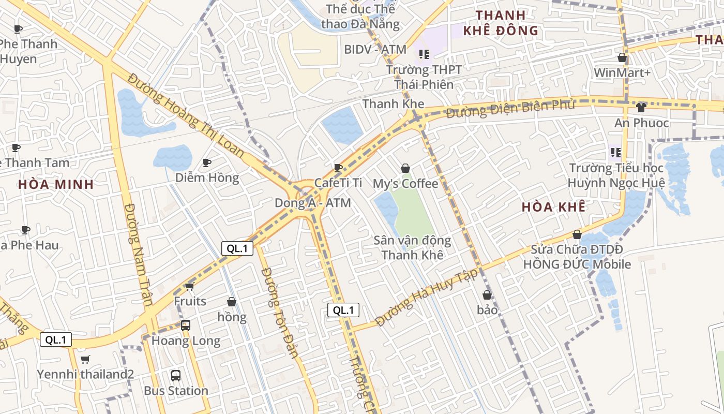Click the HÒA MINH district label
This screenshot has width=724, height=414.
tap(56, 184)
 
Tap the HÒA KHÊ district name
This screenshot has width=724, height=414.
tap(553, 208)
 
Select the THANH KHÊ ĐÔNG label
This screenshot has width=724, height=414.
tap(501, 23)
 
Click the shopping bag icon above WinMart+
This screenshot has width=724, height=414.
tap(622, 57)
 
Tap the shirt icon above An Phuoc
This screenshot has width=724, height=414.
tap(641, 108)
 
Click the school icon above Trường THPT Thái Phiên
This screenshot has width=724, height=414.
tap(424, 54)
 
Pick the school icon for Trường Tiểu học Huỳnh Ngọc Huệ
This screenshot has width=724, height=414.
tap(615, 153)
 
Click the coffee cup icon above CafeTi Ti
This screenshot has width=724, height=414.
tap(338, 168)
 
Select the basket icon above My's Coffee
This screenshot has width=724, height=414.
tap(405, 168)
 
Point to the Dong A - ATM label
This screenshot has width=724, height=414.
tap(312, 203)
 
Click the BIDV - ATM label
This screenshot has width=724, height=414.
tap(375, 49)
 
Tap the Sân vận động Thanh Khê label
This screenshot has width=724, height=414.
tap(412, 247)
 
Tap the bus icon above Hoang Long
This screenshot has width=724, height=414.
tap(186, 326)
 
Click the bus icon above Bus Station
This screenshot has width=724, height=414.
tap(176, 375)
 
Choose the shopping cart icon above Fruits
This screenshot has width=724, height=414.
tap(189, 286)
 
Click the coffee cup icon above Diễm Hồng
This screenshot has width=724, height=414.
tap(207, 162)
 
